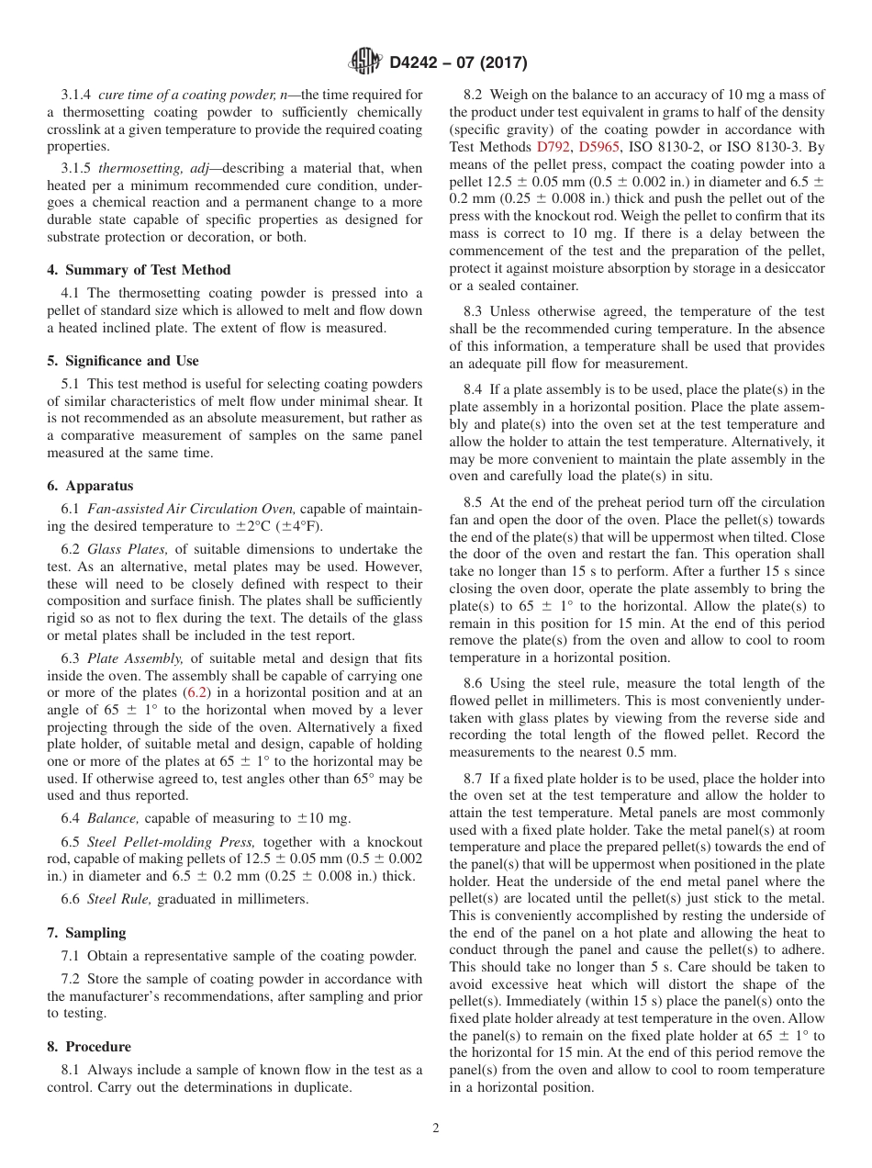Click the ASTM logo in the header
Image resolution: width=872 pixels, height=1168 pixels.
tap(366, 63)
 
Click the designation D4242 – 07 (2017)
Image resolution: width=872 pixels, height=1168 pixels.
tap(457, 63)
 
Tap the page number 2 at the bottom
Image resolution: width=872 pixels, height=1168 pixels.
tap(436, 1129)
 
